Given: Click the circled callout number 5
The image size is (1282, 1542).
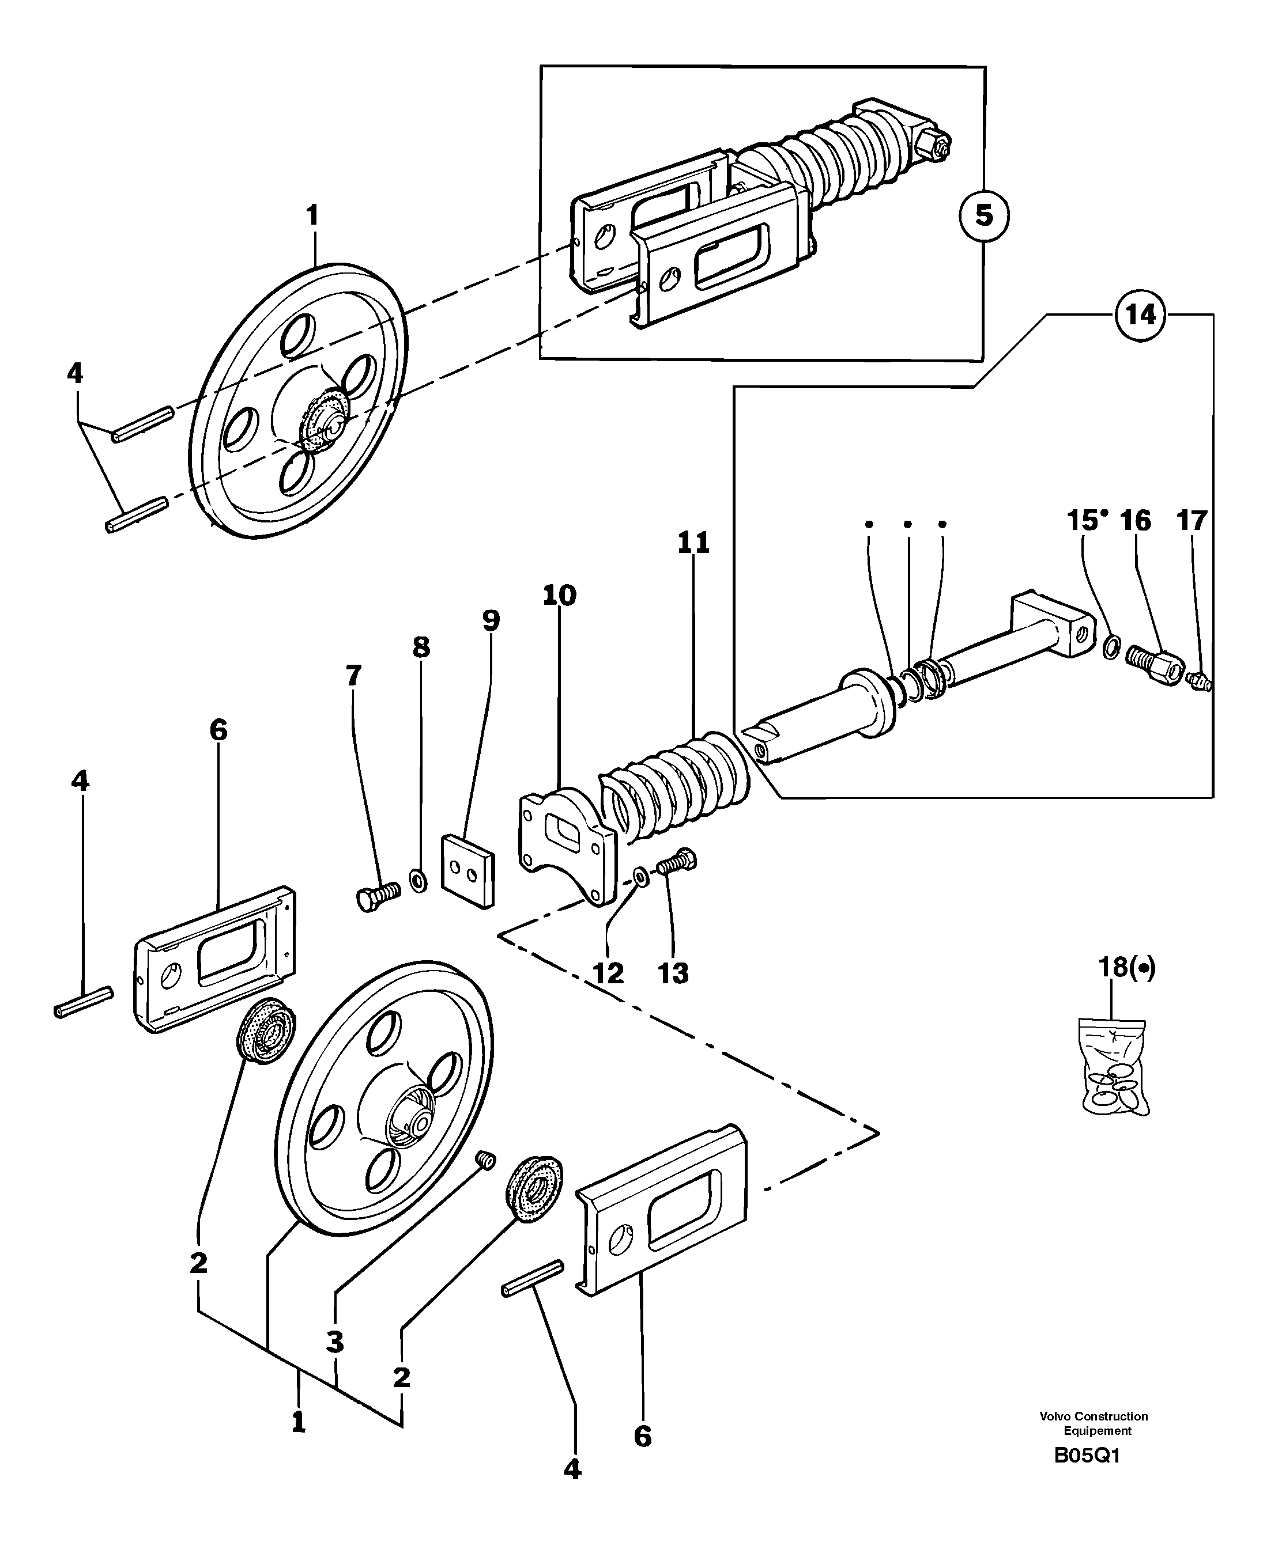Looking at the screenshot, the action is (x=984, y=216).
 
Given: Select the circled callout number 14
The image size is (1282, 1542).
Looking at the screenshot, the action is (x=1140, y=315).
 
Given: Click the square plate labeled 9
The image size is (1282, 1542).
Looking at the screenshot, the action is (x=468, y=871).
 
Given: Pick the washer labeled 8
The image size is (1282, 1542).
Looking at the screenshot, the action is (x=418, y=880).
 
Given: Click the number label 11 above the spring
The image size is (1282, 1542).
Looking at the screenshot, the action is (x=693, y=543).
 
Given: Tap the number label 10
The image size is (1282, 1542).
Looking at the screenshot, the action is (x=560, y=595).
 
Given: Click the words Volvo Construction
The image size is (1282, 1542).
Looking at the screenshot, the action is (x=1093, y=1416).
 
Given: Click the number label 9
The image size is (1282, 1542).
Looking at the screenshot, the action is (x=491, y=620).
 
